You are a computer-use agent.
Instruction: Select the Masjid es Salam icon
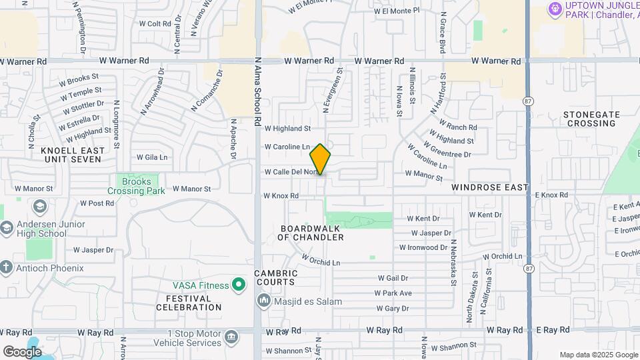click(264, 301)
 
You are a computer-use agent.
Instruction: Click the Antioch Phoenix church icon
click(6, 268)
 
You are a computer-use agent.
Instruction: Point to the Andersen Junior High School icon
click(6, 229)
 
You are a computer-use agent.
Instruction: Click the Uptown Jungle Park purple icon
click(554, 9)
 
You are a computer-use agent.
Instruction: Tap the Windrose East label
click(489, 187)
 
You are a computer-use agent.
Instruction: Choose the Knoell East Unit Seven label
click(72, 155)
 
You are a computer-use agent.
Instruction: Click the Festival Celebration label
click(189, 303)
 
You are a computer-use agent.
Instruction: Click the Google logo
click(22, 351)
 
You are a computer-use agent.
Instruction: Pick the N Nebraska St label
click(453, 262)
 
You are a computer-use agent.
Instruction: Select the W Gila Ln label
click(152, 157)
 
